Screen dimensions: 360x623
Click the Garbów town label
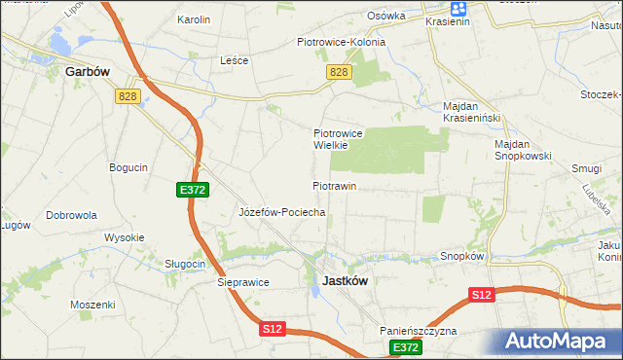[x=85, y=71]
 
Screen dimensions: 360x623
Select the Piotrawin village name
[x=334, y=185]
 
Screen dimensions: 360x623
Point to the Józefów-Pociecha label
[x=281, y=211]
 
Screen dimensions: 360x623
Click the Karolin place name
[x=194, y=19]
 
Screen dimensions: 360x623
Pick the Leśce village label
[x=235, y=60]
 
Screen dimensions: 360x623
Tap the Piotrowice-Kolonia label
[x=341, y=42]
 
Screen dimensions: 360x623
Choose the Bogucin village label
[x=128, y=167]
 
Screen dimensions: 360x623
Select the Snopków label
[x=462, y=256]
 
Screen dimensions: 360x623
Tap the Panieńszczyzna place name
[x=420, y=331]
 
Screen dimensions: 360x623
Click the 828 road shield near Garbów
[x=128, y=95]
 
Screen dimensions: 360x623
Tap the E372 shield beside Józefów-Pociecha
[x=192, y=190]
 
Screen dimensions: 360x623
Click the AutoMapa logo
[x=561, y=341]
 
